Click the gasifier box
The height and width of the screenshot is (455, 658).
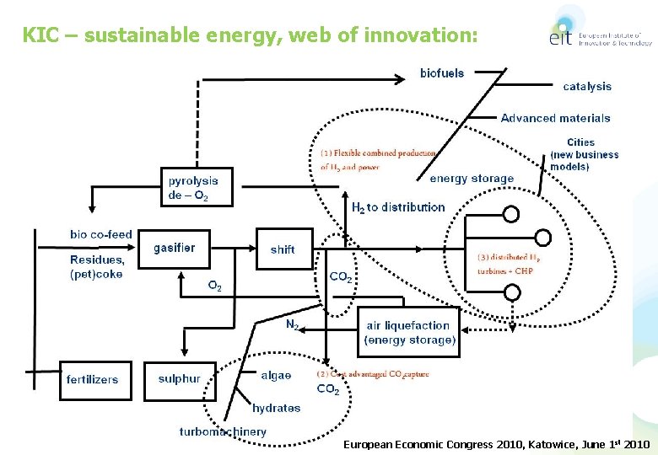(174, 248)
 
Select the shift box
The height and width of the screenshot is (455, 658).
(283, 249)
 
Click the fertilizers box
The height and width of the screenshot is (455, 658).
(95, 380)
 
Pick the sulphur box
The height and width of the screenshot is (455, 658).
(179, 379)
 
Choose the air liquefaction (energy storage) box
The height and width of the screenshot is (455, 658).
(410, 333)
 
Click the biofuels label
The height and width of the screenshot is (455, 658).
(442, 73)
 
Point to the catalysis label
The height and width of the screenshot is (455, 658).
(587, 86)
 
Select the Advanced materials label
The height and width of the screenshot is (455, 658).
(555, 118)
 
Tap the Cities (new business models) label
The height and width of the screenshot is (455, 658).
(584, 154)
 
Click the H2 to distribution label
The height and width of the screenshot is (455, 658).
(398, 207)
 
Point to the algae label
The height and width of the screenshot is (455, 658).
(276, 376)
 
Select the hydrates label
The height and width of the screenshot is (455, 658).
(276, 408)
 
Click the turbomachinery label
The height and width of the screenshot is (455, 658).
(223, 431)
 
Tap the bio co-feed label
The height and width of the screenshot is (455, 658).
(101, 234)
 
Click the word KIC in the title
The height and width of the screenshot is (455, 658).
(38, 35)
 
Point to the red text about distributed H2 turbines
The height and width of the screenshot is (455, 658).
(505, 264)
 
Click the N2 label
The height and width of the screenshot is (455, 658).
(292, 324)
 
